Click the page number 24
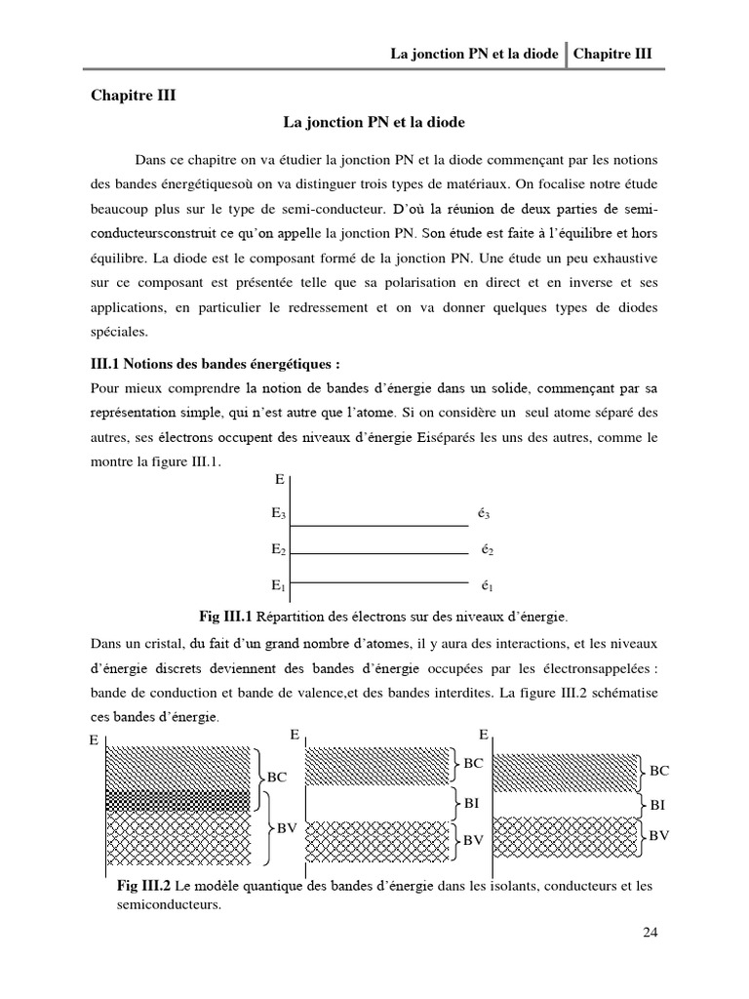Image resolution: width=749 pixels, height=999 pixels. [x=651, y=932]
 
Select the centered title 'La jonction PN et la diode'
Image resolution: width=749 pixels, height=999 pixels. [x=374, y=123]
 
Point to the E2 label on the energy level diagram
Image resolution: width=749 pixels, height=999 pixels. [x=279, y=549]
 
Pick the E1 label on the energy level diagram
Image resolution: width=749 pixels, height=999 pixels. [x=279, y=585]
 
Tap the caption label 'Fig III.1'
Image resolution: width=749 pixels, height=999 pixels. [x=225, y=617]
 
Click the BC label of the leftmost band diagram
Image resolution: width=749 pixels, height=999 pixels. [x=278, y=778]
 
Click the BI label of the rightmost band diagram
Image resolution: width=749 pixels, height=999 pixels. [x=658, y=805]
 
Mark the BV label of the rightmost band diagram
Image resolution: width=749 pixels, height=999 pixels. [x=659, y=835]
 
